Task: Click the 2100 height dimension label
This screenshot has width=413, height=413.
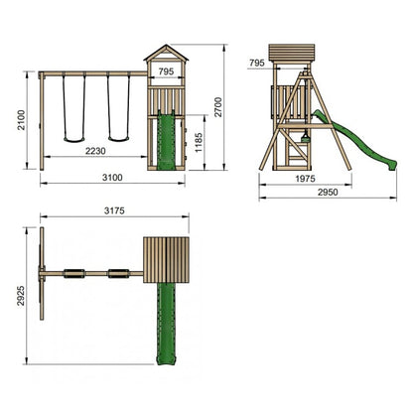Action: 22,120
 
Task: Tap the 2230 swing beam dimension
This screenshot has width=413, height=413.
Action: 95,151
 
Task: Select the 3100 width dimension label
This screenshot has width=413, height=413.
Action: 112,178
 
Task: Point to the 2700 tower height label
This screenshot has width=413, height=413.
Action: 218,107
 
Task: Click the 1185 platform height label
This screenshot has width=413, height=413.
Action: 199,143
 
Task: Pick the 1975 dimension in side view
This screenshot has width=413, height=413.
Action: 305,179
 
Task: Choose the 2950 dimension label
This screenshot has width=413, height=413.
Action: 328,192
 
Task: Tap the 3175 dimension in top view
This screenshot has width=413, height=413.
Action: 114,210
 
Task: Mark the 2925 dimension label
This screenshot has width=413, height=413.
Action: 21,296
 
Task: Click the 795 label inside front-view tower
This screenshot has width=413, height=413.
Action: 166,71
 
